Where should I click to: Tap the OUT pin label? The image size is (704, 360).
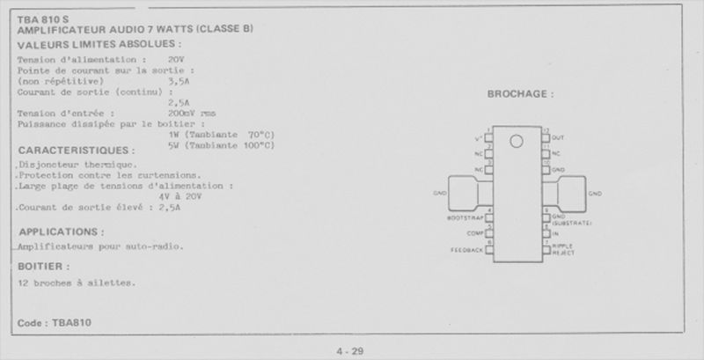558,137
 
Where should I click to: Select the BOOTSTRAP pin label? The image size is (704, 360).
464,217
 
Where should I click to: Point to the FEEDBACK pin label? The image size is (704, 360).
466,250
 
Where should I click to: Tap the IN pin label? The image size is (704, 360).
555,234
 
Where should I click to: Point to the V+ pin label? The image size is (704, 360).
478,138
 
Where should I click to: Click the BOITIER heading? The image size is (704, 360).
43,265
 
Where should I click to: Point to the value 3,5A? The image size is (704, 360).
180,79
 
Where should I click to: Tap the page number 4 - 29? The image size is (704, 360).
349,352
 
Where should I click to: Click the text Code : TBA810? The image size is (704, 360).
54,323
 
